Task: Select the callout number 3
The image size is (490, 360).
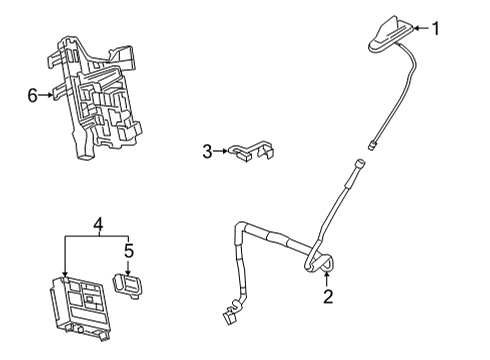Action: point(207,152)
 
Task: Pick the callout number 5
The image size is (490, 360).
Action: point(127,251)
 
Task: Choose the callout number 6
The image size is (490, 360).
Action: point(32,95)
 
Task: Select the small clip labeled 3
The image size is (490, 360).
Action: point(250,152)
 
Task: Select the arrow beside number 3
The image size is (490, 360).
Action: point(222,152)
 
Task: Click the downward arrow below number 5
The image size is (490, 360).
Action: point(127,266)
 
